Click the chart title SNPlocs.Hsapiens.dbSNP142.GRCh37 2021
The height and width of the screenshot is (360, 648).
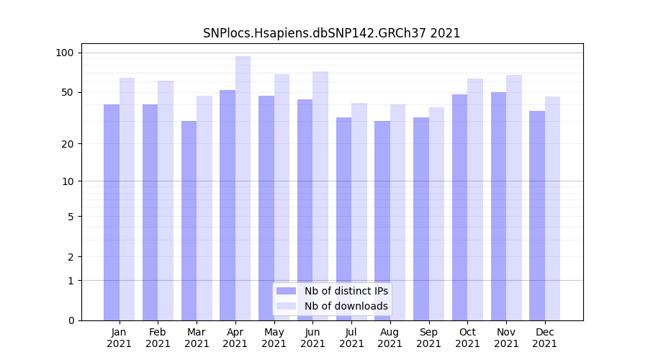[x=331, y=33]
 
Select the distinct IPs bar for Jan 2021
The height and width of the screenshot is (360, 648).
[x=112, y=212]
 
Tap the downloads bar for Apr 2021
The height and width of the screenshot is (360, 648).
[x=243, y=188]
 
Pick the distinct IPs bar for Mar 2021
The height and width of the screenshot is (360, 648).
[x=189, y=220]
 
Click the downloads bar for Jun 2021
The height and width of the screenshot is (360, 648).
[x=320, y=196]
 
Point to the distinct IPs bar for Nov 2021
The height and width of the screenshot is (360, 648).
[x=498, y=206]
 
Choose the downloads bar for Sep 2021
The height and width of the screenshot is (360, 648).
[x=436, y=214]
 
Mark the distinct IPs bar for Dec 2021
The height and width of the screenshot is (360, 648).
[x=537, y=215]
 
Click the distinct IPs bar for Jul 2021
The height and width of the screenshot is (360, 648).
[x=343, y=219]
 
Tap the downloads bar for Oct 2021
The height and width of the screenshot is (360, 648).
[x=475, y=199]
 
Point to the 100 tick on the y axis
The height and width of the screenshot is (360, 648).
[x=65, y=53]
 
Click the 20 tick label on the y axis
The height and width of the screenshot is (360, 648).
[x=68, y=144]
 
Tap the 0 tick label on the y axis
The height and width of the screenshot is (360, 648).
[x=71, y=320]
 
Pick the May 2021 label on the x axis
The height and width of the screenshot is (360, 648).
[x=274, y=338]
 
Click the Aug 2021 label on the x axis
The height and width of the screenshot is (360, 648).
[x=390, y=338]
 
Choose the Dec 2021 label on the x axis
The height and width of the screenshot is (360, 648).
[x=544, y=338]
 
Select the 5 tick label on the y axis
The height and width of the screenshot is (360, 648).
[x=71, y=217]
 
